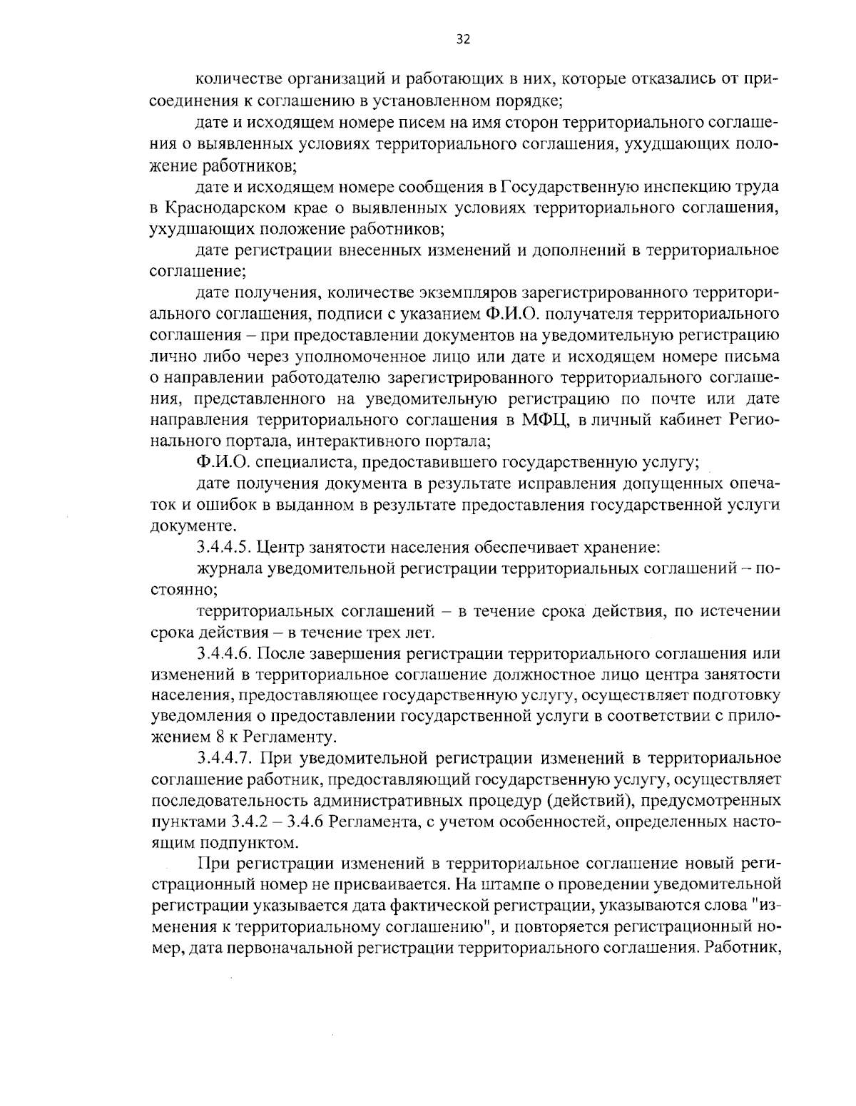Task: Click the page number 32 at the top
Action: [x=463, y=40]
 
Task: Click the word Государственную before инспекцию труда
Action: [x=564, y=188]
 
